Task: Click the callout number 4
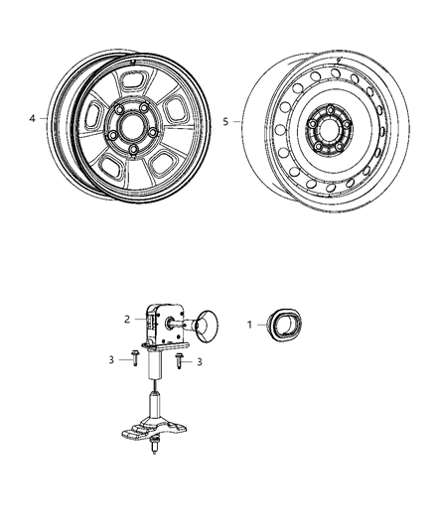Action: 32,119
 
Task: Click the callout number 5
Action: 225,122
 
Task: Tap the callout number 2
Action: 127,319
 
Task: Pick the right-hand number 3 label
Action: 199,362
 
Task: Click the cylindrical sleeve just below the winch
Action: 156,370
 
